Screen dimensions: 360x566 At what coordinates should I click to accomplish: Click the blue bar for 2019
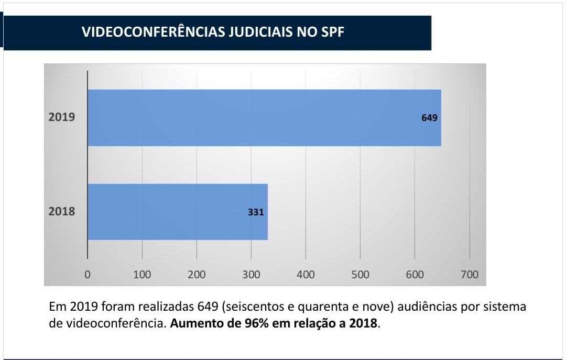click(x=264, y=117)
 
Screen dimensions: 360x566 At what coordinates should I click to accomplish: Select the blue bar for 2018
click(x=178, y=212)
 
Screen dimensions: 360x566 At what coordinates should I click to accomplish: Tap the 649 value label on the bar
click(x=429, y=118)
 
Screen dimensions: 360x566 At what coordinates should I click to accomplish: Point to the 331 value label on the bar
click(x=256, y=212)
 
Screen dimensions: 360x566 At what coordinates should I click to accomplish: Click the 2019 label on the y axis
click(x=62, y=117)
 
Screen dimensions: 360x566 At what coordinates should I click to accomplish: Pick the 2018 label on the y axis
click(x=62, y=212)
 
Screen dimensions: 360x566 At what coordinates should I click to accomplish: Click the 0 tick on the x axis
click(x=88, y=275)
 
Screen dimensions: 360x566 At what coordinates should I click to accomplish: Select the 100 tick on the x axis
click(x=142, y=275)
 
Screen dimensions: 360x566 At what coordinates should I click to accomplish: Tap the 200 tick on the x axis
click(x=197, y=275)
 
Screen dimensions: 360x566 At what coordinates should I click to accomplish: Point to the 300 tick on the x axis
click(x=251, y=275)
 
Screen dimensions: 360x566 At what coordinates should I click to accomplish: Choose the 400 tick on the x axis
click(x=306, y=275)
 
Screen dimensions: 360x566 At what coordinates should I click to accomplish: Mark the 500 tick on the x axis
click(x=360, y=275)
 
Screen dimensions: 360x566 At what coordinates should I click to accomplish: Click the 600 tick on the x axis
click(x=415, y=275)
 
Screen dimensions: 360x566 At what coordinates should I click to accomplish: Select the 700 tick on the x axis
click(x=469, y=275)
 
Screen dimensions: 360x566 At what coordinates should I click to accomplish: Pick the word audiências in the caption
click(x=413, y=306)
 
